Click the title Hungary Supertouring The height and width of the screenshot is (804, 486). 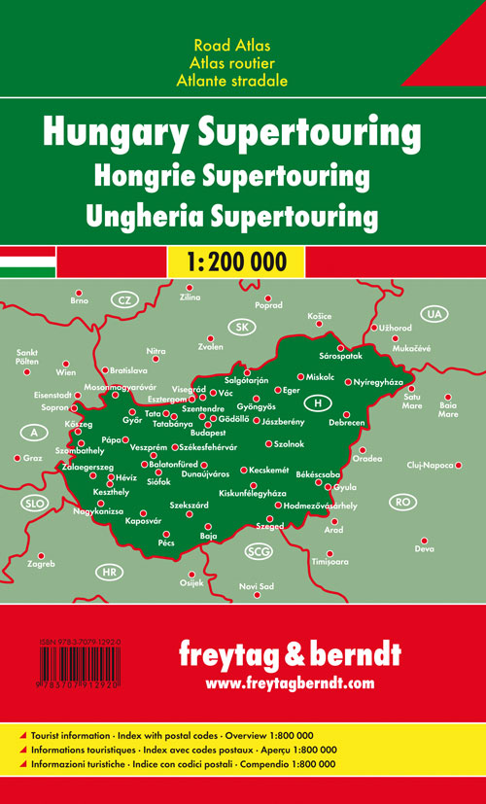(243, 140)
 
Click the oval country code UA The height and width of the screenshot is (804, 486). (433, 314)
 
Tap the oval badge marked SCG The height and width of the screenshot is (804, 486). (259, 552)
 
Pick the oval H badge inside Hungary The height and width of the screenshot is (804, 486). (317, 402)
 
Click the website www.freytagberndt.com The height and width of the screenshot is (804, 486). (289, 683)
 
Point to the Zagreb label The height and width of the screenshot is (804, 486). (41, 565)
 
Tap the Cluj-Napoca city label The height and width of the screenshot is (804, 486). (431, 466)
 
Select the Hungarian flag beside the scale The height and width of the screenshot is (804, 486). (28, 262)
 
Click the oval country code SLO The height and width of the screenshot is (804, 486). (34, 503)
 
